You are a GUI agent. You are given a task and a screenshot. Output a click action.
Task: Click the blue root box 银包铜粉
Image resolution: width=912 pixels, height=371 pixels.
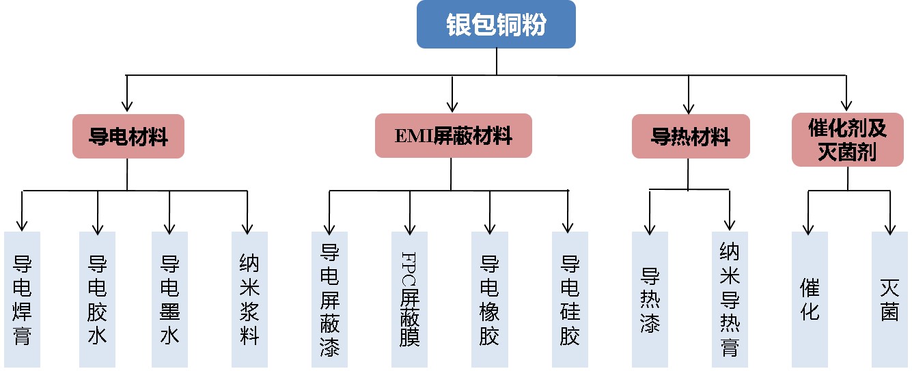tap(496, 25)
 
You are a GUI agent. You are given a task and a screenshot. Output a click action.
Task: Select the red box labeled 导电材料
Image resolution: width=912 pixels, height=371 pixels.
tap(128, 136)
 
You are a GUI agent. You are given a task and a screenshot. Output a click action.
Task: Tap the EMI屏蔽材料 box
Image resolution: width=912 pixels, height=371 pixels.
tap(453, 135)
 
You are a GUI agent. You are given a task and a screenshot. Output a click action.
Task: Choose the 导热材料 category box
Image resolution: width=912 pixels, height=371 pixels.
tap(691, 136)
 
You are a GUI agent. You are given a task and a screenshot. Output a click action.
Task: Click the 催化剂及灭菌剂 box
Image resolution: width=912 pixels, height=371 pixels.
tap(846, 140)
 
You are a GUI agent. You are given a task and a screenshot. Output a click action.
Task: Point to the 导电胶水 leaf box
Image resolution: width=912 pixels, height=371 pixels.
tap(97, 299)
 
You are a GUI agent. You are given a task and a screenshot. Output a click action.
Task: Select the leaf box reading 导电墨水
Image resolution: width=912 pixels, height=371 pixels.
tap(169, 299)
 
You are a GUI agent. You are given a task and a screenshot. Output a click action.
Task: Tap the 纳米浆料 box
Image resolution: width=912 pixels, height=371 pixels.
tap(249, 299)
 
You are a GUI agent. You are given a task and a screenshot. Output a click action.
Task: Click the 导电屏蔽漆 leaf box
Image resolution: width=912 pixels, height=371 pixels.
tap(329, 299)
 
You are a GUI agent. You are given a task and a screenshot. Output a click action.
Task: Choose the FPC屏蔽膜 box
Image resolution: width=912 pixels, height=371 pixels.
tap(409, 299)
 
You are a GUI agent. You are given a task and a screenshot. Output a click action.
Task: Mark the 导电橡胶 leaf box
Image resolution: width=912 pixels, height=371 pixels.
tap(489, 299)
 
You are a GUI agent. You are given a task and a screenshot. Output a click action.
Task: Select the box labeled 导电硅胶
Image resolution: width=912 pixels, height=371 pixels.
tap(570, 299)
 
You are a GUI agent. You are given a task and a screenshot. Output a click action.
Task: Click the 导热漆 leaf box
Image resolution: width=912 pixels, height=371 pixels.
tap(650, 299)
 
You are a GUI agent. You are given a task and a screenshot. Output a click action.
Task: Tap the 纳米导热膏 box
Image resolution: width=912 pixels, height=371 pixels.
tap(730, 299)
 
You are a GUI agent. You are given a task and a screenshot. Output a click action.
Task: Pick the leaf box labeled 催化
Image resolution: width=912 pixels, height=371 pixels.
tap(810, 299)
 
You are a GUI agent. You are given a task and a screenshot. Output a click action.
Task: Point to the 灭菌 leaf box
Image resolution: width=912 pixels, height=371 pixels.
tap(889, 299)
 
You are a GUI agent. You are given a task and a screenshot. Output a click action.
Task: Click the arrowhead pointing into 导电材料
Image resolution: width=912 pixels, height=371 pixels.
tap(126, 107)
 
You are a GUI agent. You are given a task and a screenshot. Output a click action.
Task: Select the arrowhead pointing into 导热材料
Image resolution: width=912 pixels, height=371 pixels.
tap(689, 107)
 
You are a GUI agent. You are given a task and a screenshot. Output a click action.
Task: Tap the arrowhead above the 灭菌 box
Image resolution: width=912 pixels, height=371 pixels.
tap(890, 226)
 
